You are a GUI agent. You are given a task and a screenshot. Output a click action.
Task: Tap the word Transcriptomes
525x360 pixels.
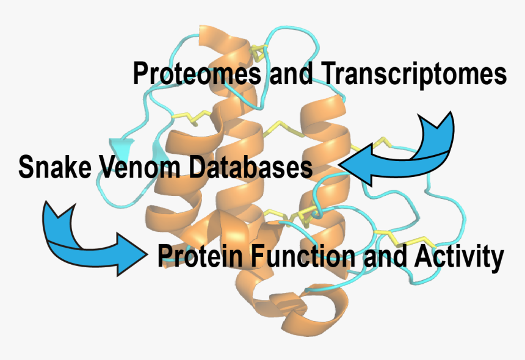point(413,75)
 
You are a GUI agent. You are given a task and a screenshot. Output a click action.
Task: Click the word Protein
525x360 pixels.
point(194,256)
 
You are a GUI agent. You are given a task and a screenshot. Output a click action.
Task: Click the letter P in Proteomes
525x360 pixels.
point(140,75)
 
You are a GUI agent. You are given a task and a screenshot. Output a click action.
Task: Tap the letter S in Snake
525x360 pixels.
point(26,167)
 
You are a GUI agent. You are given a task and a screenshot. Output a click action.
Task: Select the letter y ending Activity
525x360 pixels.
point(496,260)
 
